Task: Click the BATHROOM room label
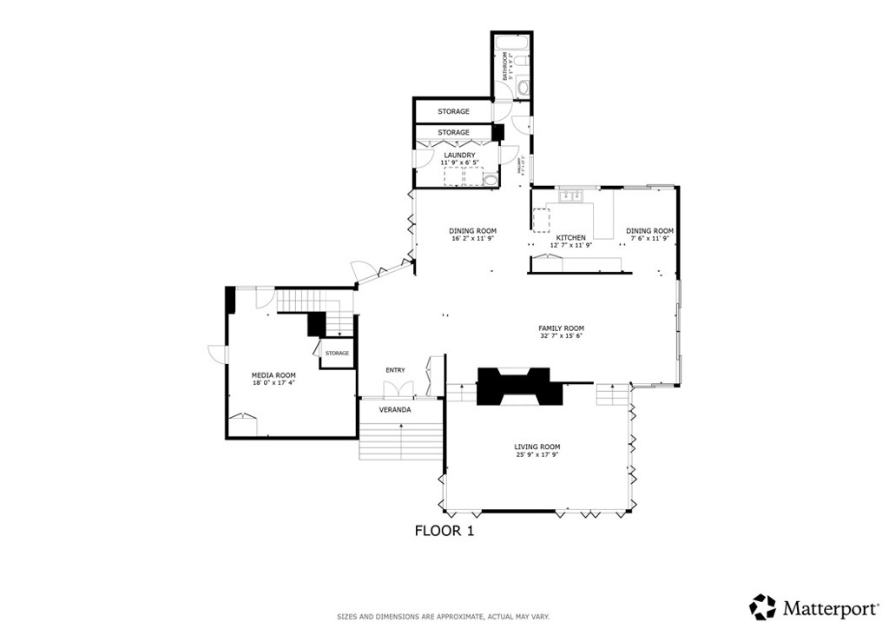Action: tap(504, 66)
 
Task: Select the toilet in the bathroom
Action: tap(523, 88)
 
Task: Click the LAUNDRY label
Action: tap(459, 156)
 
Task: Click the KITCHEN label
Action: tap(570, 238)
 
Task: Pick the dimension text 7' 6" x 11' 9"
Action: tap(649, 239)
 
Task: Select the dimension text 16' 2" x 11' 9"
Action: tap(472, 239)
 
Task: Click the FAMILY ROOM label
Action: tap(561, 328)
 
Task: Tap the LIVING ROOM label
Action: tap(537, 447)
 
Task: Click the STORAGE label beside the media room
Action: tap(337, 353)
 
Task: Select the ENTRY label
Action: tap(395, 370)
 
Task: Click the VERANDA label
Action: tap(395, 409)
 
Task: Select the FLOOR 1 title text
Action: tap(444, 530)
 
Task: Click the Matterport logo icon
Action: tap(763, 606)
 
